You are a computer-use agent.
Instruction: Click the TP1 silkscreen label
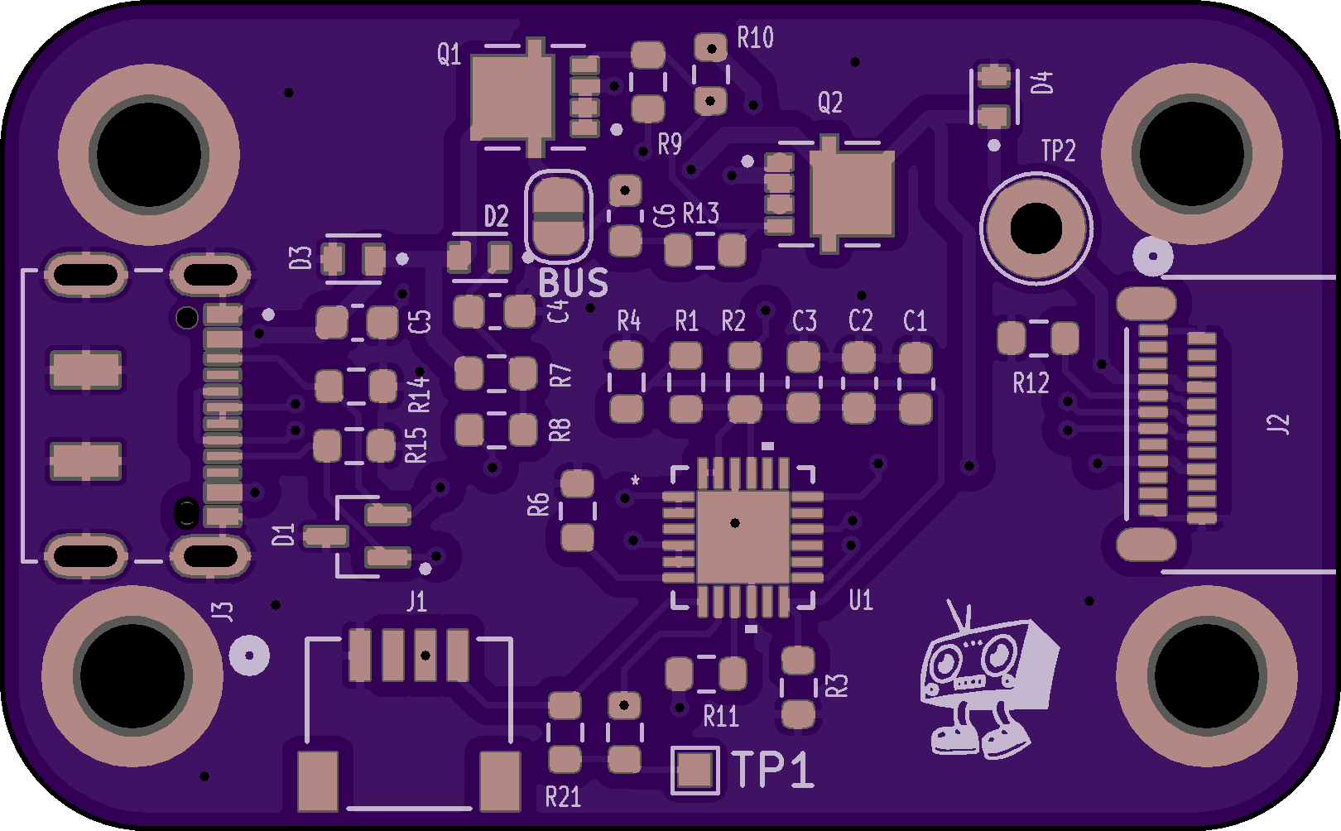pyautogui.click(x=773, y=770)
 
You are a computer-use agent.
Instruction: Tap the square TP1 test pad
pyautogui.click(x=695, y=771)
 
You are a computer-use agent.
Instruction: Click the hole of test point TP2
pyautogui.click(x=1036, y=229)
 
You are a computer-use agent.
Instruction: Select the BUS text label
pyautogui.click(x=573, y=284)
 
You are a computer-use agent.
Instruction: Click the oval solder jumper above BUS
pyautogui.click(x=559, y=216)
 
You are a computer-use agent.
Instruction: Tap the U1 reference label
pyautogui.click(x=861, y=600)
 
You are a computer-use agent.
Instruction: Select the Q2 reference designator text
pyautogui.click(x=829, y=103)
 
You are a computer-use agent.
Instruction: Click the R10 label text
pyautogui.click(x=755, y=38)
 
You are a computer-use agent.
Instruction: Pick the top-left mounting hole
pyautogui.click(x=149, y=154)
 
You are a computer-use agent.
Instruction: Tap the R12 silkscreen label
pyautogui.click(x=1031, y=383)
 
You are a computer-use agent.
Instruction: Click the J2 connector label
pyautogui.click(x=1278, y=424)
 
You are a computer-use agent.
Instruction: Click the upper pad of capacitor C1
pyautogui.click(x=916, y=358)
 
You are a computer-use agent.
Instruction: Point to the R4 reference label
pyautogui.click(x=628, y=321)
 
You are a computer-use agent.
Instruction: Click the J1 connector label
pyautogui.click(x=416, y=602)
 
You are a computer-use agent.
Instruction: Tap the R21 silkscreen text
pyautogui.click(x=563, y=797)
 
